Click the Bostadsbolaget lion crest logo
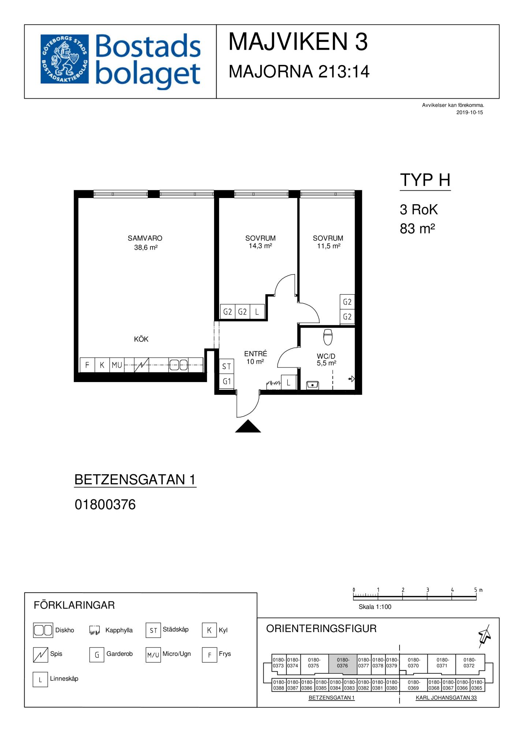(64, 59)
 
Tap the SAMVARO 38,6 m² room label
(145, 243)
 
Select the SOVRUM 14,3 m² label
(261, 242)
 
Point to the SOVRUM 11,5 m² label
(328, 242)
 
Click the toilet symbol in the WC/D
(328, 337)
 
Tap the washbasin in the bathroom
(312, 385)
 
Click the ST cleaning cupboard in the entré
(226, 366)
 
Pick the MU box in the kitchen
(117, 365)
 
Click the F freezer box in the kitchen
(87, 365)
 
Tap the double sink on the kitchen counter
(178, 365)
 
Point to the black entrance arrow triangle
(248, 426)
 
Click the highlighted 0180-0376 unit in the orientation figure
(342, 664)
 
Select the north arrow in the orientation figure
(485, 636)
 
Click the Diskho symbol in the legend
(43, 630)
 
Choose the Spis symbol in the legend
(41, 655)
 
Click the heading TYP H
(425, 180)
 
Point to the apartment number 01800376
(105, 505)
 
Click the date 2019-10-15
(469, 113)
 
